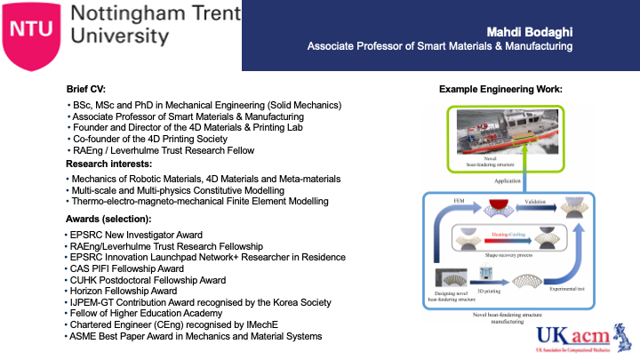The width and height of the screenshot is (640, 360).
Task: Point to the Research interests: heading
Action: click(110, 164)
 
